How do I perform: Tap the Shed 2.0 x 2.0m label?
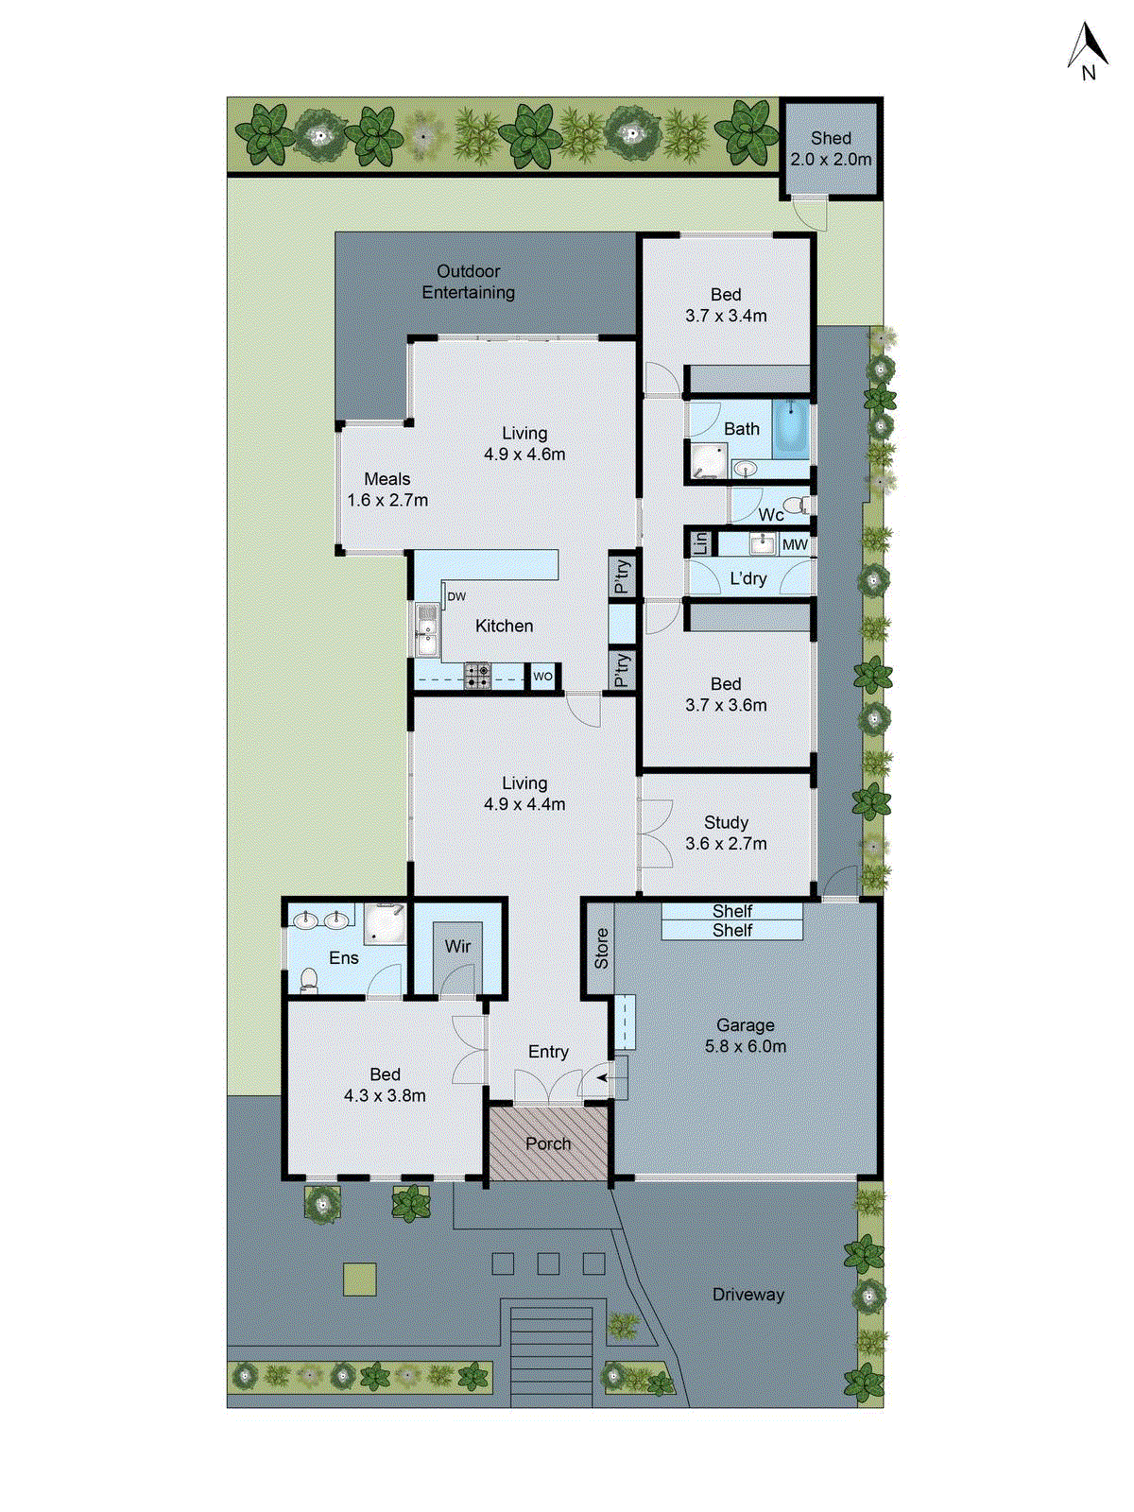[831, 149]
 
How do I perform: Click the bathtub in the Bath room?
[791, 429]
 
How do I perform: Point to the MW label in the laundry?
[795, 545]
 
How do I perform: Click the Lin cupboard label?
[700, 543]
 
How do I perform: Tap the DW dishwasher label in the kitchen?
[456, 596]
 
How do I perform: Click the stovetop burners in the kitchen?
[477, 675]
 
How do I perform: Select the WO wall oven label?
[542, 677]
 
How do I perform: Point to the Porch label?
[548, 1143]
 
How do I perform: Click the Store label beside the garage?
[601, 948]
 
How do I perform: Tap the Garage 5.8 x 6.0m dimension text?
[745, 1046]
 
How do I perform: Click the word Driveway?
[747, 1295]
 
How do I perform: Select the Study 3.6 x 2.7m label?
[726, 833]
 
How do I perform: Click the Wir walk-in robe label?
[457, 946]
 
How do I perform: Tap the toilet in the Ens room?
[308, 981]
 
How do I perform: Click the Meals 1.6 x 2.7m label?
[387, 490]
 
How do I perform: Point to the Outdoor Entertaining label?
[469, 282]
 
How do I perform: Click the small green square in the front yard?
[359, 1280]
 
